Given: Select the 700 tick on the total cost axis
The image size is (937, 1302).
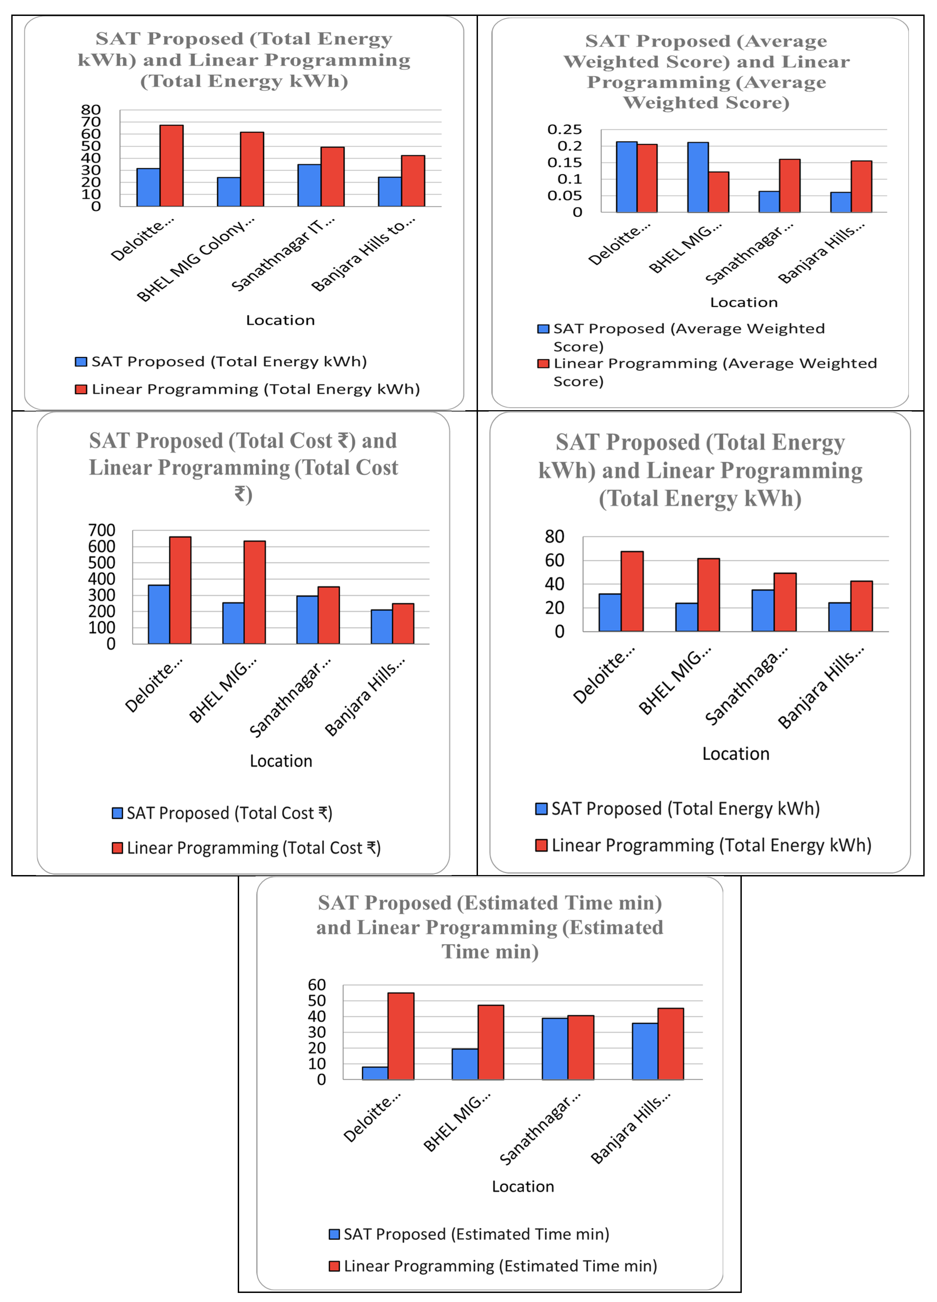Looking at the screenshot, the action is click(x=102, y=530).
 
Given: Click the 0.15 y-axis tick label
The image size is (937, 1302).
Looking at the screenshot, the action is click(x=564, y=163).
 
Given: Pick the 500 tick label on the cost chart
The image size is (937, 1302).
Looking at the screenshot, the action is click(x=102, y=563).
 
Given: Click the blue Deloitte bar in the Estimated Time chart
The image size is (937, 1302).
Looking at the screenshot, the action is click(x=375, y=1073).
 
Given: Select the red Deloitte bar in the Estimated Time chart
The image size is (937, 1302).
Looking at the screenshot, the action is click(x=401, y=1036).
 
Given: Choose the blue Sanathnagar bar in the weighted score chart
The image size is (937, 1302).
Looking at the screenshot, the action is click(x=769, y=202).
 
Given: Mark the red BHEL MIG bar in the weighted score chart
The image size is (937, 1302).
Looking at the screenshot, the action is click(x=719, y=192).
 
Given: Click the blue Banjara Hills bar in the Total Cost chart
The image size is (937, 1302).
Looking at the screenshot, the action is click(x=382, y=626).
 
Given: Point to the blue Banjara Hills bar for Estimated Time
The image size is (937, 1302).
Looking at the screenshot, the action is click(x=645, y=1051).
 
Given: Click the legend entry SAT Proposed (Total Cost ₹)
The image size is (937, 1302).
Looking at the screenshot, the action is click(x=222, y=813).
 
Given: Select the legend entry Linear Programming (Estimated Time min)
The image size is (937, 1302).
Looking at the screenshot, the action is click(x=493, y=1266).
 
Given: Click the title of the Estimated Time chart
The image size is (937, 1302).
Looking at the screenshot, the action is click(x=490, y=927).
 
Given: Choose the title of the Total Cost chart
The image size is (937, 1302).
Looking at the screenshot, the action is click(x=244, y=467).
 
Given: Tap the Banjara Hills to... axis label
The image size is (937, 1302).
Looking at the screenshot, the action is click(x=363, y=254).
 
